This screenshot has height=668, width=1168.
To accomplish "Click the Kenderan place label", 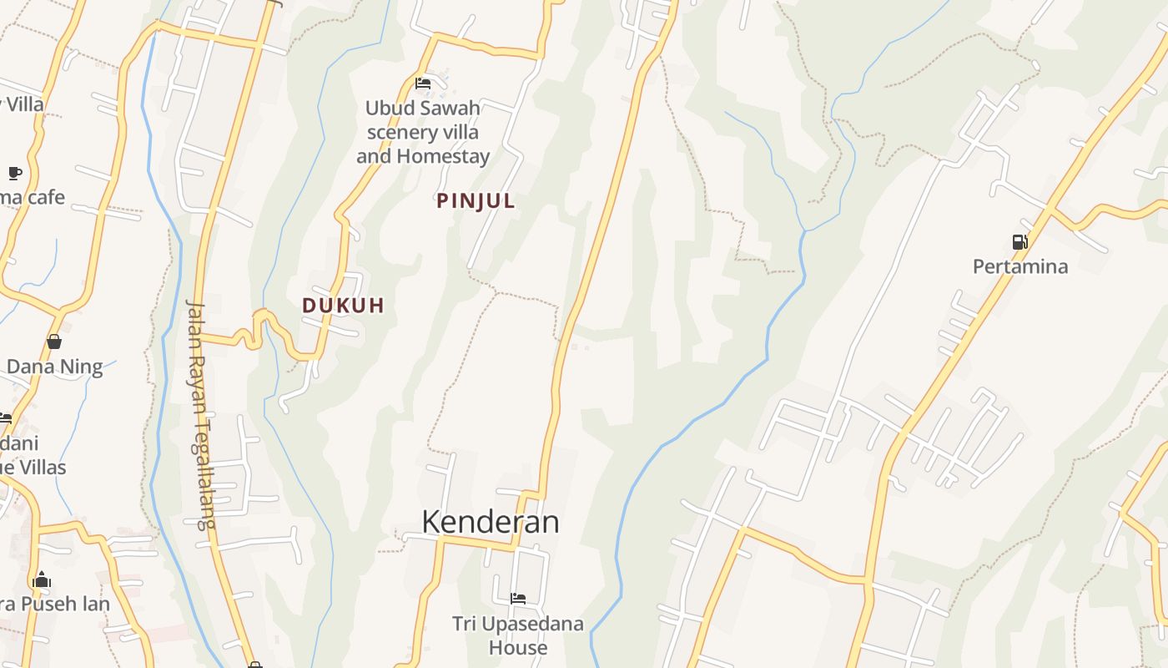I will [490, 522].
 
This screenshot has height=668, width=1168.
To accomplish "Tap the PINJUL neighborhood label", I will [476, 201].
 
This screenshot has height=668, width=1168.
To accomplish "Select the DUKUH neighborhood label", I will [343, 306].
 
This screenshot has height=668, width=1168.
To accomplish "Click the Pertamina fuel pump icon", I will [1019, 242].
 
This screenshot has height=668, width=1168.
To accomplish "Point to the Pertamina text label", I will [1019, 267].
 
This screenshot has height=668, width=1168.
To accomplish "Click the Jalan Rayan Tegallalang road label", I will [200, 413].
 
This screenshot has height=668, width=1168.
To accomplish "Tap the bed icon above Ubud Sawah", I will [423, 83].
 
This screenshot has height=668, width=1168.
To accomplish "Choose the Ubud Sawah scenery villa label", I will [423, 132].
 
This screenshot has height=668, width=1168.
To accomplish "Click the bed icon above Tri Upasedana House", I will [517, 599].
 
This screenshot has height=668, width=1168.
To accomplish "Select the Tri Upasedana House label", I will [517, 635].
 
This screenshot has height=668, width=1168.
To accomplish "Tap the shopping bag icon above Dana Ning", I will [54, 342].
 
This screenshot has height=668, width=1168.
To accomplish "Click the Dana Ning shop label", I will [54, 367].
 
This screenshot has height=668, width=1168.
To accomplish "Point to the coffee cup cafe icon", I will [14, 173].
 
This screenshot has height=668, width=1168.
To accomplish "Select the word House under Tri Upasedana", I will [518, 648].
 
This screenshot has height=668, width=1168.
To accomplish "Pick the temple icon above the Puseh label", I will [41, 579].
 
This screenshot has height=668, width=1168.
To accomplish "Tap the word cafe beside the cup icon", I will [46, 198].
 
